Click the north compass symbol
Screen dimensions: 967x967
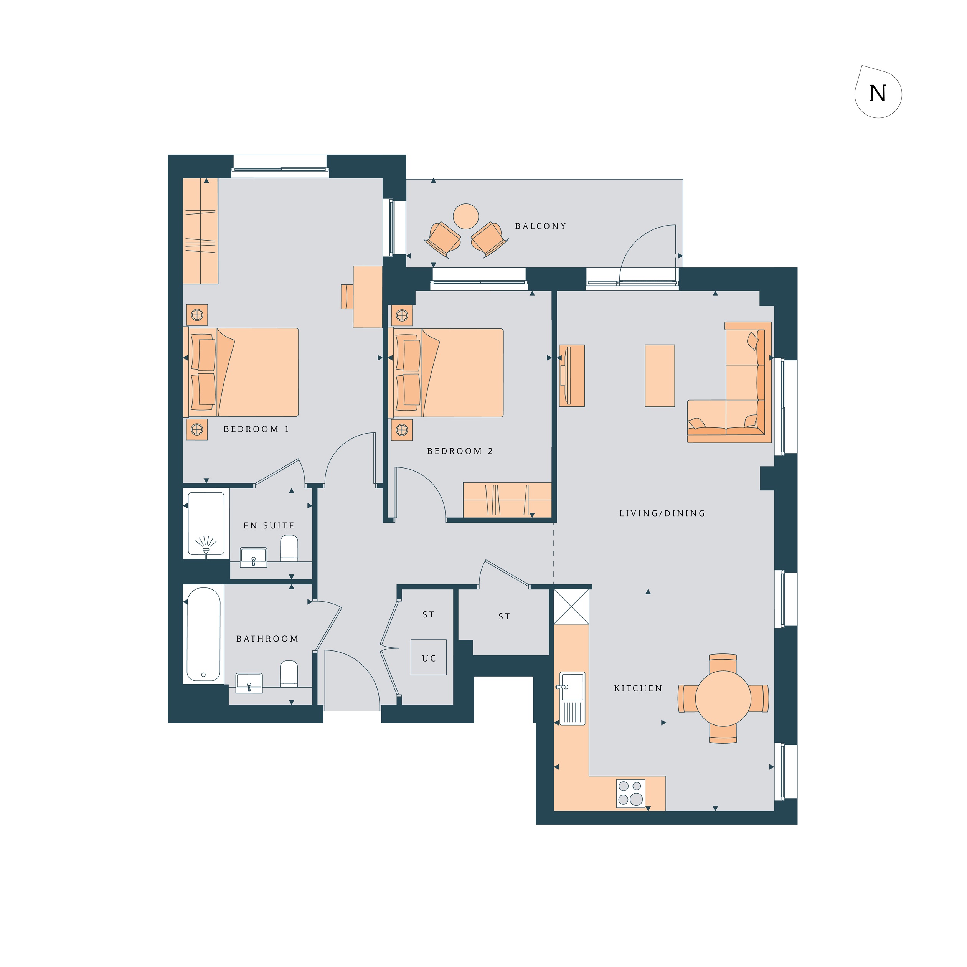(x=878, y=92)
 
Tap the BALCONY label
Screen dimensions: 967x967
(x=541, y=226)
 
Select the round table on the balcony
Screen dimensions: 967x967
(x=465, y=216)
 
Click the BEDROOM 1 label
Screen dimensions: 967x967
(x=256, y=429)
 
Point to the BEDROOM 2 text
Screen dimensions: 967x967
(x=460, y=451)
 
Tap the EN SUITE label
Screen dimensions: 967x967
(x=269, y=526)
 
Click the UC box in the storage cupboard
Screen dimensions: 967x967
(x=429, y=657)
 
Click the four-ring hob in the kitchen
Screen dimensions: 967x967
(x=630, y=793)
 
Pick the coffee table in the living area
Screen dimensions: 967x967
(x=660, y=375)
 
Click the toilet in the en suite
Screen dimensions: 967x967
(x=289, y=549)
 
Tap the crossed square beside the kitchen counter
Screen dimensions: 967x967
(x=571, y=607)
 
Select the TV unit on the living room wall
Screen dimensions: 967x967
(x=572, y=375)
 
